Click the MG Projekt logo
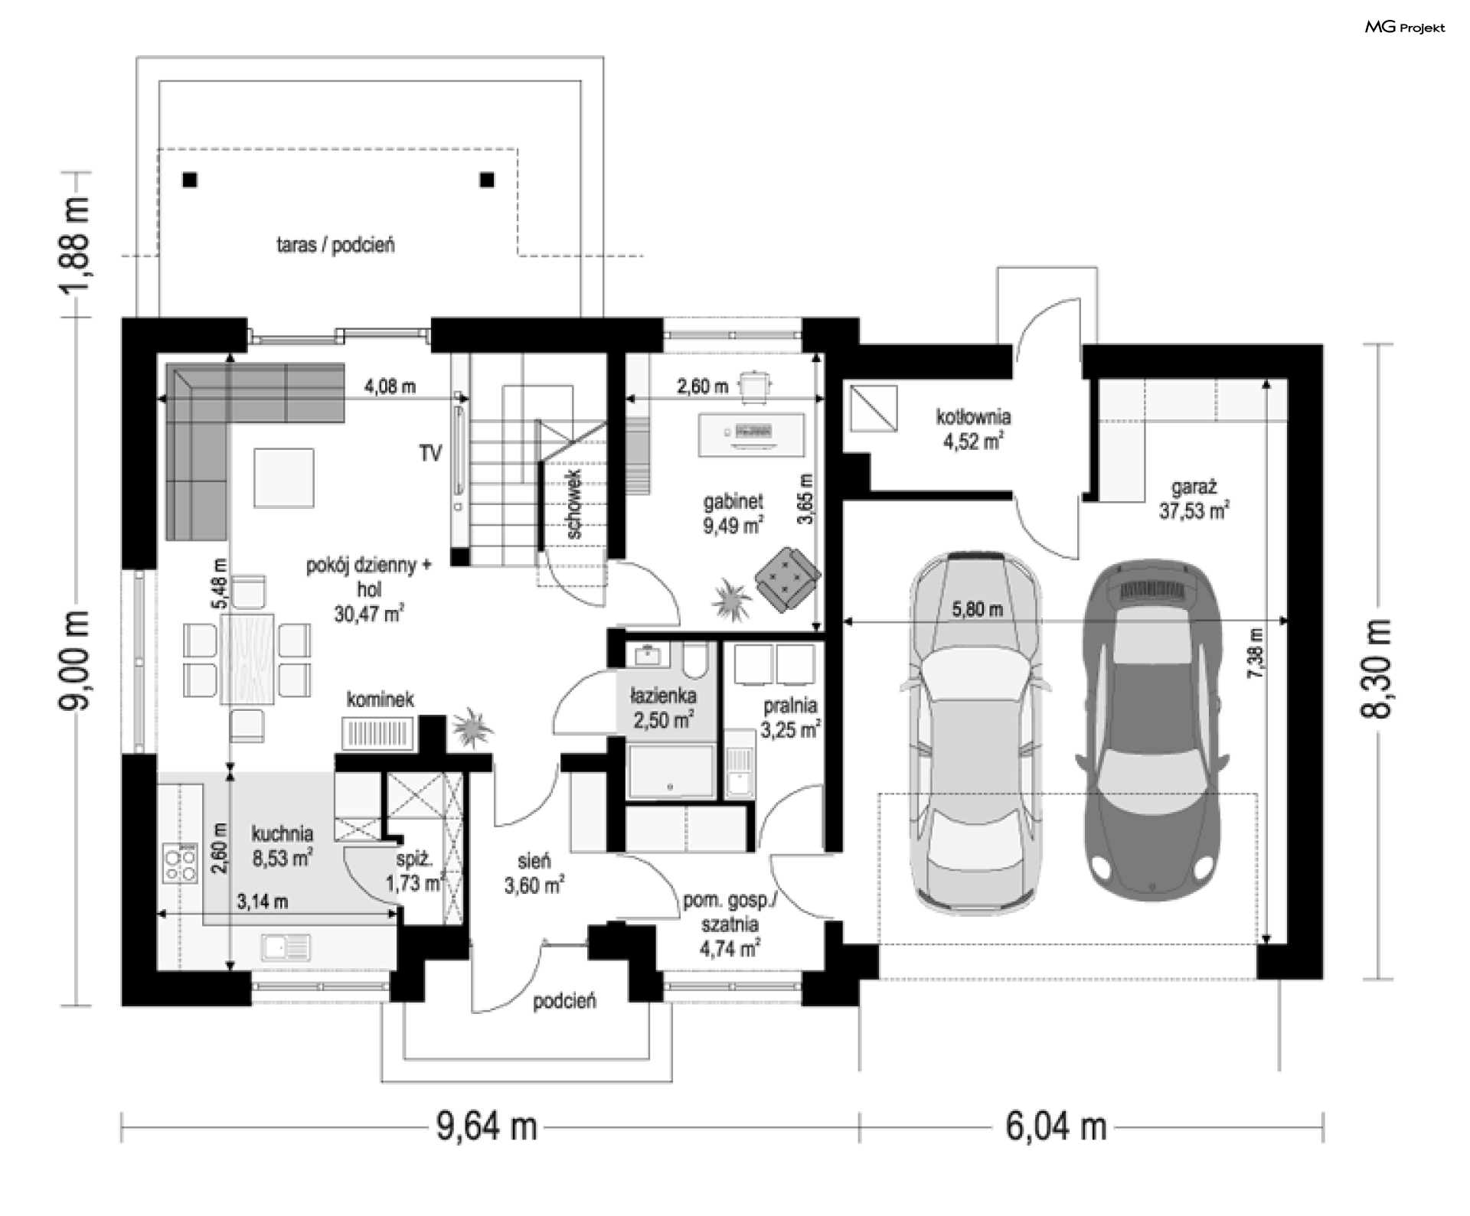[x=1405, y=28]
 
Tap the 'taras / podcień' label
[x=335, y=246]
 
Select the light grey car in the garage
[x=975, y=730]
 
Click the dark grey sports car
[x=1153, y=730]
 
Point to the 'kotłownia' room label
[x=973, y=417]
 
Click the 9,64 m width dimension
[x=487, y=1126]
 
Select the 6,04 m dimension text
[x=1057, y=1126]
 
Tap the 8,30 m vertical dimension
[x=1376, y=668]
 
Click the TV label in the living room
[x=430, y=454]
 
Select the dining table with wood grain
[x=247, y=658]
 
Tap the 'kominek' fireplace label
[x=381, y=699]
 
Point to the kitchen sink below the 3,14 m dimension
[x=286, y=948]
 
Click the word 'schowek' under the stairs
[x=575, y=504]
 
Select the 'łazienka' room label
[x=663, y=696]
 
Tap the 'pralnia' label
[x=790, y=705]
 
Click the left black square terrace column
[x=190, y=180]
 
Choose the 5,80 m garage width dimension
[x=977, y=610]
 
